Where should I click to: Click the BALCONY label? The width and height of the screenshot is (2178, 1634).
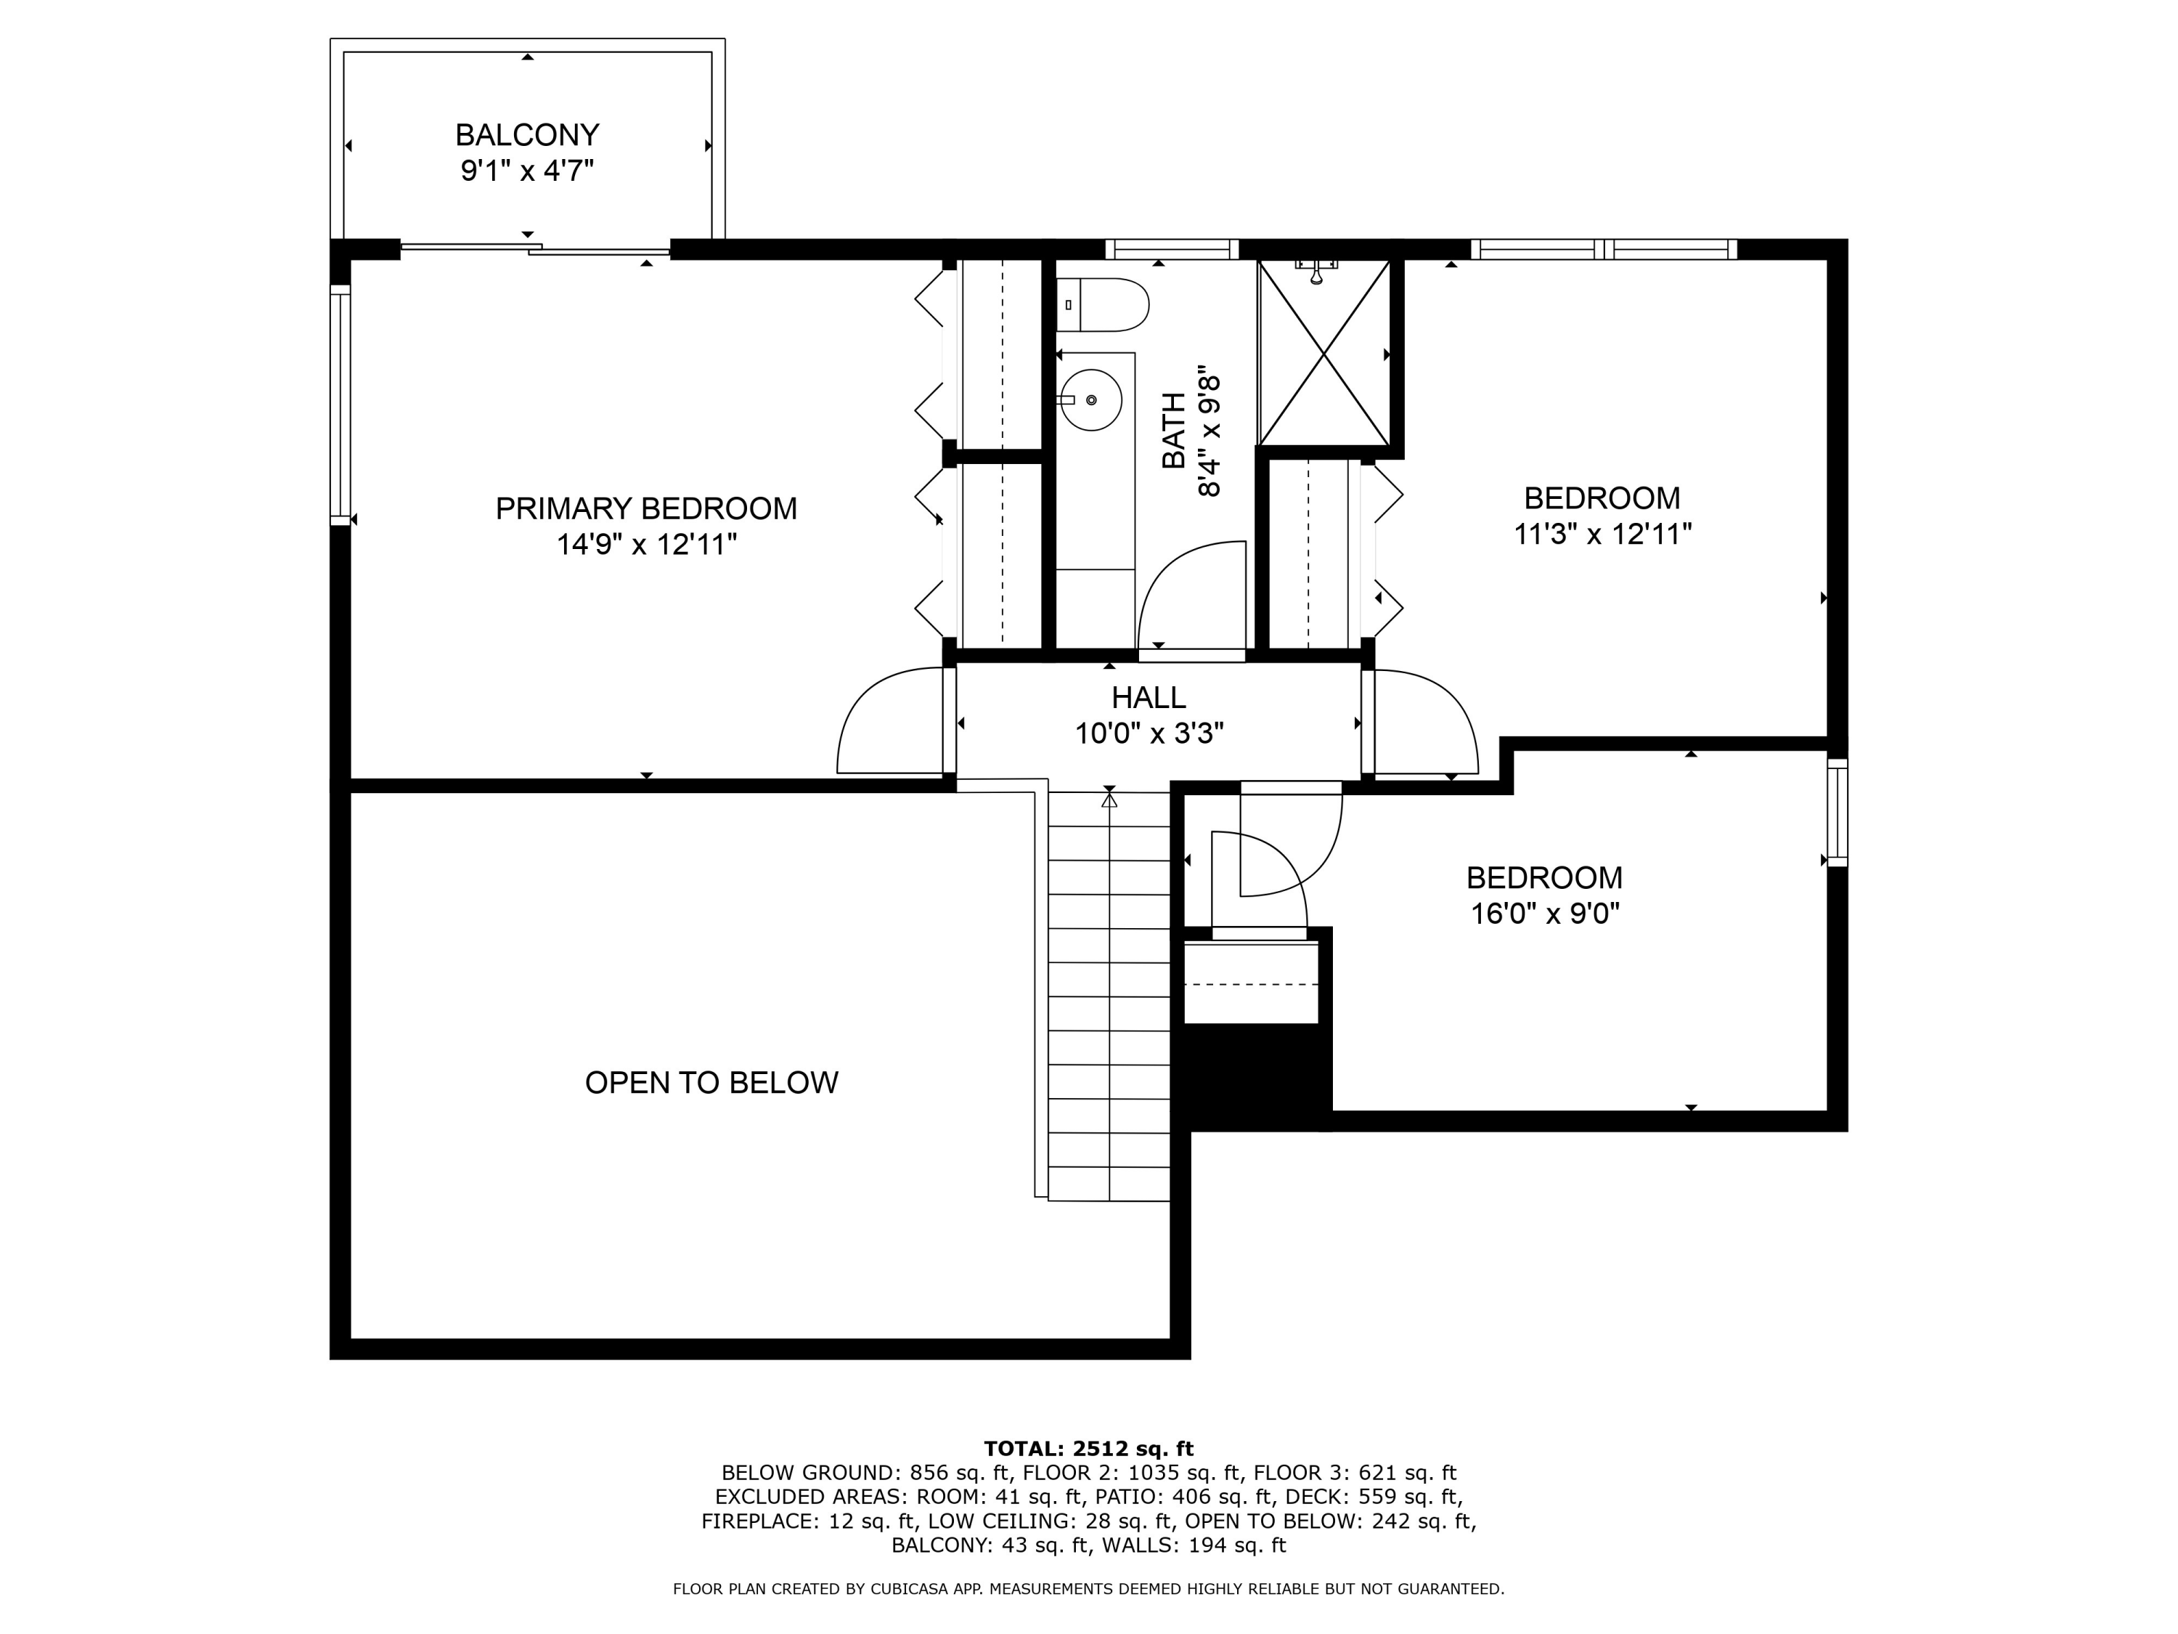527,134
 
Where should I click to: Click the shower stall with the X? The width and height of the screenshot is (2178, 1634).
1323,354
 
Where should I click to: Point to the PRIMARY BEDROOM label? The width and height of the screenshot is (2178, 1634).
646,508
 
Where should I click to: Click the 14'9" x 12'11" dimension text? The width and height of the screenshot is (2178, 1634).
646,544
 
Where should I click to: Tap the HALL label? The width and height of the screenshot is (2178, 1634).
1148,697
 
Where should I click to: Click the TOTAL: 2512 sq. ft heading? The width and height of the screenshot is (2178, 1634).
1088,1448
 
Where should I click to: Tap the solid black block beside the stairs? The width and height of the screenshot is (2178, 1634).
1250,1073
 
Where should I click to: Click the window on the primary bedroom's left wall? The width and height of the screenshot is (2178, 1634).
340,404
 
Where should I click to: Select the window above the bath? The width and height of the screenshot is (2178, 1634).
1171,249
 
